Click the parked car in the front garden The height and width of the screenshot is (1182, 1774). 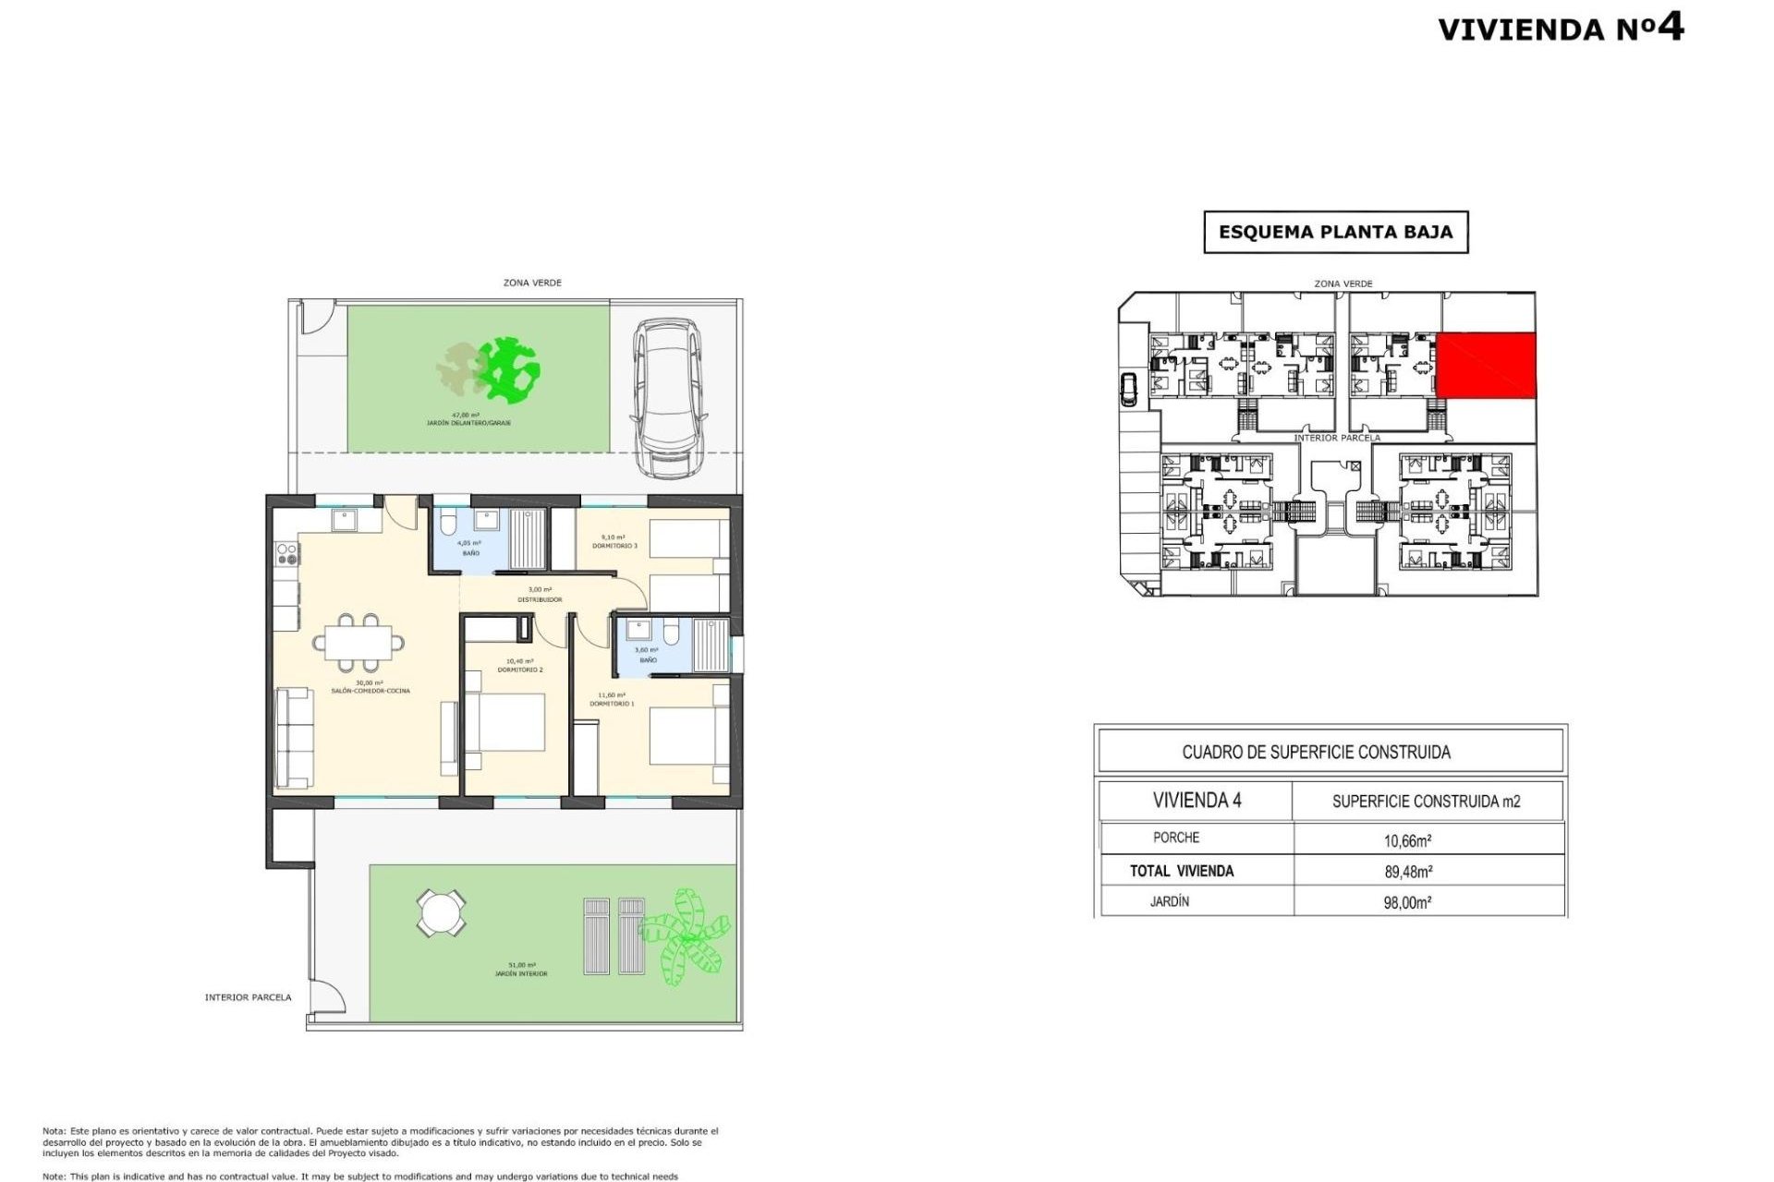pos(668,399)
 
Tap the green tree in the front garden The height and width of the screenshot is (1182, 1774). pos(506,370)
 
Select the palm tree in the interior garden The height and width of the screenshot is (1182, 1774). pos(685,936)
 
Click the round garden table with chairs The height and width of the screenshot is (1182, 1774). pos(441,913)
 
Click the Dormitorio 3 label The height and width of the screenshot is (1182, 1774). pos(614,546)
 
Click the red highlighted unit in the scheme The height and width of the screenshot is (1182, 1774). pos(1486,366)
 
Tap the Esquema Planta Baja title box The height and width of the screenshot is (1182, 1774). pos(1335,232)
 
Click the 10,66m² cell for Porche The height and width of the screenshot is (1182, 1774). pos(1407,840)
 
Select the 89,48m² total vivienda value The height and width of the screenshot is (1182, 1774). pos(1407,871)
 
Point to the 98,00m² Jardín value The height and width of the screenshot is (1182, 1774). pos(1407,902)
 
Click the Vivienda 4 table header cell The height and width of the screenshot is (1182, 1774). pos(1197,801)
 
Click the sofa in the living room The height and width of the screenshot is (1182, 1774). pos(295,738)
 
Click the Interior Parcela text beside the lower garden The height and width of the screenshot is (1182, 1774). pos(248,997)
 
